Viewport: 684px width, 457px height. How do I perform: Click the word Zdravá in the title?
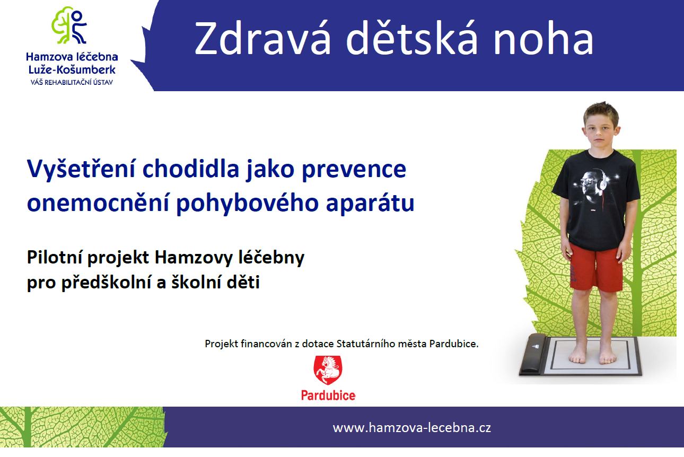point(263,39)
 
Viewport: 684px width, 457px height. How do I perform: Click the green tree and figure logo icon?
point(70,25)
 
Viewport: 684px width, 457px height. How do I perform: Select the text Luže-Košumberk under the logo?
point(72,70)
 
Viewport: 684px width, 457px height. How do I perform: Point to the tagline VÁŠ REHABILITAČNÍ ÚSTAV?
point(72,82)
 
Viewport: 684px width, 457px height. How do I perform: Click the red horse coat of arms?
point(328,370)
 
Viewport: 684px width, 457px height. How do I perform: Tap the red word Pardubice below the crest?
point(328,396)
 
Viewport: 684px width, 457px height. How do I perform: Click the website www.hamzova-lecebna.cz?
point(411,428)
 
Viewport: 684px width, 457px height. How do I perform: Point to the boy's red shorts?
point(595,267)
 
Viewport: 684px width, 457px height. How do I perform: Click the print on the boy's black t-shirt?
point(594,189)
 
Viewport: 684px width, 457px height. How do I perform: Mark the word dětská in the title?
point(411,38)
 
